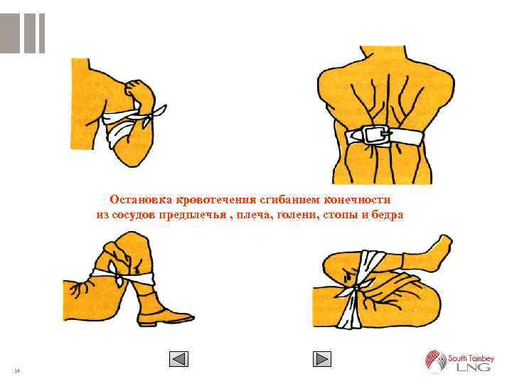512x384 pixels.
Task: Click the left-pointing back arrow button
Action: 178,359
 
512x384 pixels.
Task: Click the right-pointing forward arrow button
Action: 322,359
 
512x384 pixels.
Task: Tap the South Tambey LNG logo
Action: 459,361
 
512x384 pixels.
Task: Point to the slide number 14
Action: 17,370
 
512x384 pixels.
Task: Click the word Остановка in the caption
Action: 141,200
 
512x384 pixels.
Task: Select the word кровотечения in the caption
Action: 216,200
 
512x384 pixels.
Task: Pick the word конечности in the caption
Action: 357,200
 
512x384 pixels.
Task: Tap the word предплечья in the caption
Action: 193,215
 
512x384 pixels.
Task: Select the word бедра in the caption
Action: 388,215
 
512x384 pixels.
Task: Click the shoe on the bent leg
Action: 166,318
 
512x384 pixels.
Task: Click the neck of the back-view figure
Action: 383,55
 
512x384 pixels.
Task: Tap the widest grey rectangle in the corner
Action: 9,33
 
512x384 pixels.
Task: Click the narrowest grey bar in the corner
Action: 42,33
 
